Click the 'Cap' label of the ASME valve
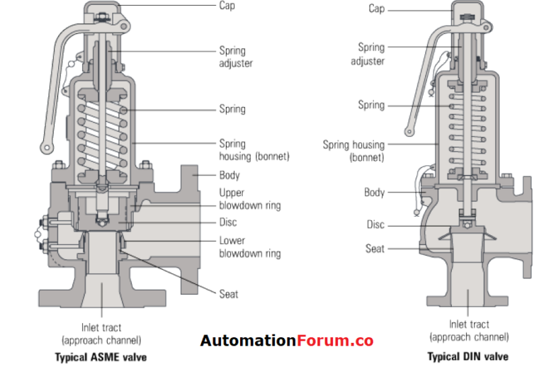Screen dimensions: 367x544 point(227,5)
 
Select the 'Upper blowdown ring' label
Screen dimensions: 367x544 point(249,199)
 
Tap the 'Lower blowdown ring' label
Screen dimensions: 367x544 point(249,247)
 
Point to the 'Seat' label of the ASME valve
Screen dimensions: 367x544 point(229,294)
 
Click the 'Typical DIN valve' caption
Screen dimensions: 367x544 point(467,356)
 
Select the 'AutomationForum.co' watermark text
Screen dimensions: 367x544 point(286,341)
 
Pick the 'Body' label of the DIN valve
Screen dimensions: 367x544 point(374,192)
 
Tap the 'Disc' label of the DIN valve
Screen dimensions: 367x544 point(375,225)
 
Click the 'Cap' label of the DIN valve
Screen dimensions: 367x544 point(376,9)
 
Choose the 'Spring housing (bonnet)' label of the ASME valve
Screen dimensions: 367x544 point(254,149)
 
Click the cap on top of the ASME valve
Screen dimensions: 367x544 point(106,10)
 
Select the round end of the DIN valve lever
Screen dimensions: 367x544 point(409,131)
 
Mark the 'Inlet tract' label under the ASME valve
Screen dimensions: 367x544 point(101,333)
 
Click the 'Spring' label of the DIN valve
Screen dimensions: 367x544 point(371,105)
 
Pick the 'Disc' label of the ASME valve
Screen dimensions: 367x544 point(227,222)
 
